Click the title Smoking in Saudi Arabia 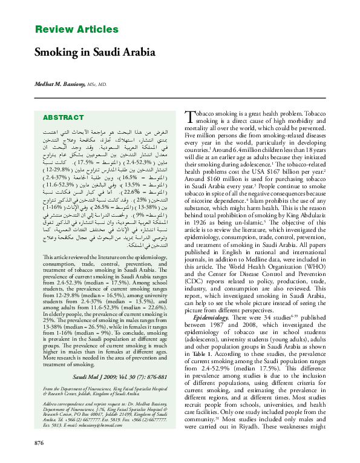pyautogui.click(x=95, y=52)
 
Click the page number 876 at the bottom pyautogui.click(x=40, y=444)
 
